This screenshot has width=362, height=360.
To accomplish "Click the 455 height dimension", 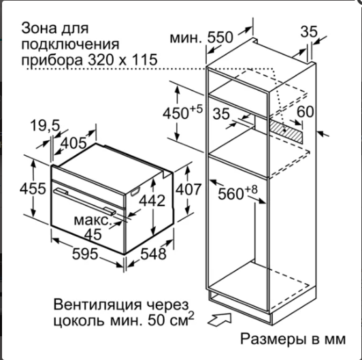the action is click(33, 189).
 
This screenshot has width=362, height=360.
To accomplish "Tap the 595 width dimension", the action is click(85, 254).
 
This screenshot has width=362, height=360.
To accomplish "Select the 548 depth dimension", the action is click(153, 254).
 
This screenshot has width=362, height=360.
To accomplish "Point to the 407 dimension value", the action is click(188, 189).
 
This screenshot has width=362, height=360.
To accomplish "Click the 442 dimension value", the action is click(152, 200).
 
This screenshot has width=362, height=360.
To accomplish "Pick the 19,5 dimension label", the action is click(45, 126).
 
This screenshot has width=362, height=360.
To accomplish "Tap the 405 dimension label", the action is click(73, 143).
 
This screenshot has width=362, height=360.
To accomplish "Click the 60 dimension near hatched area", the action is click(306, 112).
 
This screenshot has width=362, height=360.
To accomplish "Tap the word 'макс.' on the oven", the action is click(93, 220).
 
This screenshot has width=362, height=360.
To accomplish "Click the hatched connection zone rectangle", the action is click(286, 131).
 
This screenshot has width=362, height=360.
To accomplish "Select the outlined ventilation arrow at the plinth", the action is click(219, 320).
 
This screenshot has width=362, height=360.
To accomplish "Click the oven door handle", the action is click(85, 201).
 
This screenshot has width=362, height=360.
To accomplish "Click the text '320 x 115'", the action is click(122, 60).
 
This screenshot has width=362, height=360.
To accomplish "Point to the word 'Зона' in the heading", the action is click(39, 28).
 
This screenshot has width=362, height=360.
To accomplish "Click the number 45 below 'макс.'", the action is click(93, 234).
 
